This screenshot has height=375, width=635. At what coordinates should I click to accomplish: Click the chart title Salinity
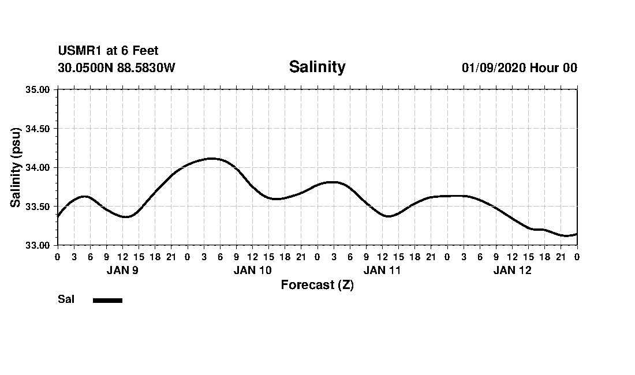coord(317,67)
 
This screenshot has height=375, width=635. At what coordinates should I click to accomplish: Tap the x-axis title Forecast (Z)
coord(317,284)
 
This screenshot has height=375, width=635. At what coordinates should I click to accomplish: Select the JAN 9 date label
coord(122,270)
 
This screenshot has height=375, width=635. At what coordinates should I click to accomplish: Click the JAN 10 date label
coord(252,270)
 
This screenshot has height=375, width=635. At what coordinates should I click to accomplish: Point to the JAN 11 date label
coord(382,270)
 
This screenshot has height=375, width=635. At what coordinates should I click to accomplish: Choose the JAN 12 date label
coord(512,270)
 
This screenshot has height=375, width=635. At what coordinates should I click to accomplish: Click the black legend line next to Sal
coord(107,300)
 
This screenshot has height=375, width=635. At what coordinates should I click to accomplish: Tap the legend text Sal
coord(66,299)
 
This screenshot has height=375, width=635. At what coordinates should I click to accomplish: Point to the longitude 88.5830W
coord(146,67)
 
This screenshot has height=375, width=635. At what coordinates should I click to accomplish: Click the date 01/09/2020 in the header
coord(494,67)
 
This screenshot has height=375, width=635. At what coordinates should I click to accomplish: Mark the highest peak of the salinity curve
coord(211,158)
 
